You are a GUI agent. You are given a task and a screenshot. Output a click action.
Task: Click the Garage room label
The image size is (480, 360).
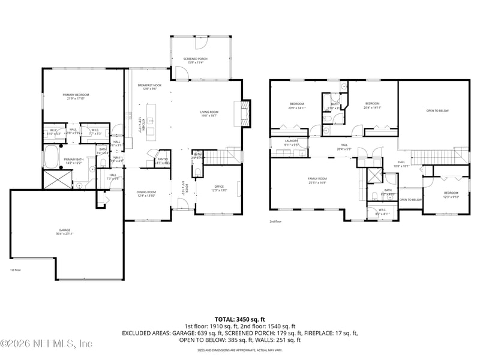point(64,231)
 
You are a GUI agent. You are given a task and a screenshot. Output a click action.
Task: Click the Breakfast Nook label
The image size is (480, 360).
point(149,87)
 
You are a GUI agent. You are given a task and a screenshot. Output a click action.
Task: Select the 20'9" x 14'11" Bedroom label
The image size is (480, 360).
point(297,106)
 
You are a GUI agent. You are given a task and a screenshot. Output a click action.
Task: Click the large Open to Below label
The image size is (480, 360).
point(437,111)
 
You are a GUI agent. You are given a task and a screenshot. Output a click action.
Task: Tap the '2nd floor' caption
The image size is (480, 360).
point(276,221)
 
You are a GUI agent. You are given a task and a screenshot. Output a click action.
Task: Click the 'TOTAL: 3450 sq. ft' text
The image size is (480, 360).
point(239,319)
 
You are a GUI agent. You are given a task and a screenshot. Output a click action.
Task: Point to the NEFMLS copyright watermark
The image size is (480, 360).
point(46,344)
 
